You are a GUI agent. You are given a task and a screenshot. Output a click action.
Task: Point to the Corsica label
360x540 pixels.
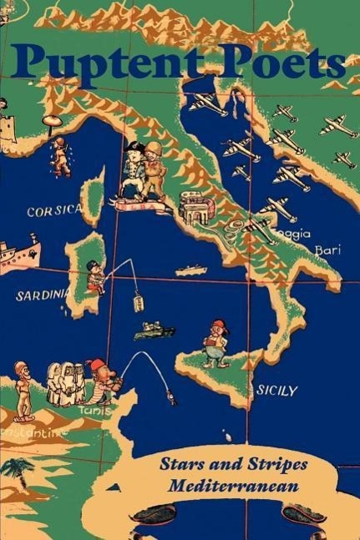pyautogui.click(x=54, y=211)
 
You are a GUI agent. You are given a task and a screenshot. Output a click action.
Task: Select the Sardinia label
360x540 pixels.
pyautogui.click(x=41, y=295)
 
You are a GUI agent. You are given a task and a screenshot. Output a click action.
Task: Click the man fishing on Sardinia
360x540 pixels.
pyautogui.click(x=96, y=277)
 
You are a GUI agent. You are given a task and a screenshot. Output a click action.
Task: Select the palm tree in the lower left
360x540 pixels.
pyautogui.click(x=17, y=472)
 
